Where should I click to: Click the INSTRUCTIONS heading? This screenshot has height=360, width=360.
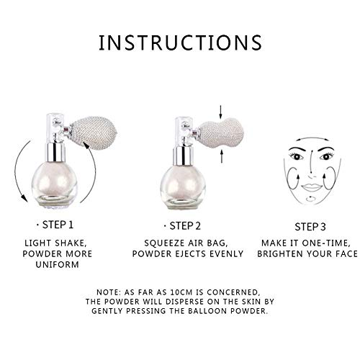(180, 42)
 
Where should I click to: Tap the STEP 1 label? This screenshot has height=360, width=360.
(58, 225)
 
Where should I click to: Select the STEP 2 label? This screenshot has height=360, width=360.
(185, 226)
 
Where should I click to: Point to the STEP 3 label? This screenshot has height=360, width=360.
(310, 227)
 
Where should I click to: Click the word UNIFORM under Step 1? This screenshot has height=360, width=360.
(57, 264)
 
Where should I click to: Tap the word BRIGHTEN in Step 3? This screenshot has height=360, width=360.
(279, 253)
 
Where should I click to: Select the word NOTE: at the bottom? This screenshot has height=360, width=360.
(109, 292)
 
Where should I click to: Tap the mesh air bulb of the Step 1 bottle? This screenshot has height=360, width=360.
(93, 131)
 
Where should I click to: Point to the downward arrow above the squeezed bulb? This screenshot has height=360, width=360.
(221, 112)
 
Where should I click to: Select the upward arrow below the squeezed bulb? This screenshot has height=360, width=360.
(222, 156)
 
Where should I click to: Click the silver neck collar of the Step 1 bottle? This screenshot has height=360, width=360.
(55, 153)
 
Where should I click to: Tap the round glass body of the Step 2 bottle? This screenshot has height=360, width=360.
(183, 186)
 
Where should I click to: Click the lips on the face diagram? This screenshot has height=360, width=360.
(312, 187)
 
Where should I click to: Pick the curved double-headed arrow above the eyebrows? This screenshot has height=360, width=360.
(312, 138)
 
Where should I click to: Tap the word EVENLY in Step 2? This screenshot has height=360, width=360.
(227, 253)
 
